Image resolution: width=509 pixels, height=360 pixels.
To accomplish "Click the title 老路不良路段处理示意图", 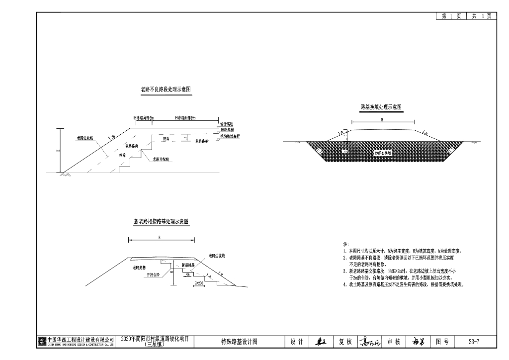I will tap(166, 90).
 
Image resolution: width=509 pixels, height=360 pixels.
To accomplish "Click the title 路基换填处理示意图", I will tap(381, 107).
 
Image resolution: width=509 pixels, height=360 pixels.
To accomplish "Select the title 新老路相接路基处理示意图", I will tap(161, 222).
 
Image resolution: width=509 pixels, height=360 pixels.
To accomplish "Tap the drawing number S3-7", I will tap(474, 342).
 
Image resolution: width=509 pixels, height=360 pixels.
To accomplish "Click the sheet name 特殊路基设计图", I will tap(239, 342).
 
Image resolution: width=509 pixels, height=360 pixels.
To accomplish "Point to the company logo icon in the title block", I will tap(42, 341).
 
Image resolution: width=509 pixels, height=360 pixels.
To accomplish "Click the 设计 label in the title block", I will tap(297, 342).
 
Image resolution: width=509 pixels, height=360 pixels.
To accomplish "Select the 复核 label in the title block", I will tap(345, 342).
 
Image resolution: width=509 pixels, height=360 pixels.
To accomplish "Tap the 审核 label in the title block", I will tap(394, 342).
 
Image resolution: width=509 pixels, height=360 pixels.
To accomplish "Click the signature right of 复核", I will tap(370, 342).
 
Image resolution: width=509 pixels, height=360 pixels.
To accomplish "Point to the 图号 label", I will tap(442, 342).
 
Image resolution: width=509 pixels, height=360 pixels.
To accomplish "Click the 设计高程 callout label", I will tap(227, 124).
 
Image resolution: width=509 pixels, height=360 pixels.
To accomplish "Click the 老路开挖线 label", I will tap(161, 159).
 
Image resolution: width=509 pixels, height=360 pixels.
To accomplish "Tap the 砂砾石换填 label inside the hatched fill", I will tap(383, 154).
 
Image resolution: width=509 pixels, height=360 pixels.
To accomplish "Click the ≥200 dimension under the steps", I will tap(200, 283).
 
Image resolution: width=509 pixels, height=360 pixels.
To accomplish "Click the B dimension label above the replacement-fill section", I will tap(382, 120).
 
